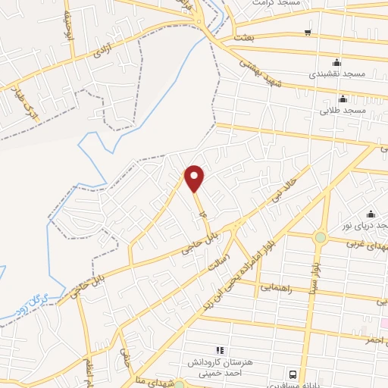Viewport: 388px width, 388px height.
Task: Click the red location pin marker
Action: coord(195,177)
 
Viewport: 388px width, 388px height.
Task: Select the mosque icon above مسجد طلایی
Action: coord(343,98)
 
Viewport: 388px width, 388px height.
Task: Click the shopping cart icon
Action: coord(308,33)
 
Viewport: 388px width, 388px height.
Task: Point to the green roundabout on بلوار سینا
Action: coord(321,237)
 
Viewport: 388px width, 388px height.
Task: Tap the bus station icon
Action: coord(293,374)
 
